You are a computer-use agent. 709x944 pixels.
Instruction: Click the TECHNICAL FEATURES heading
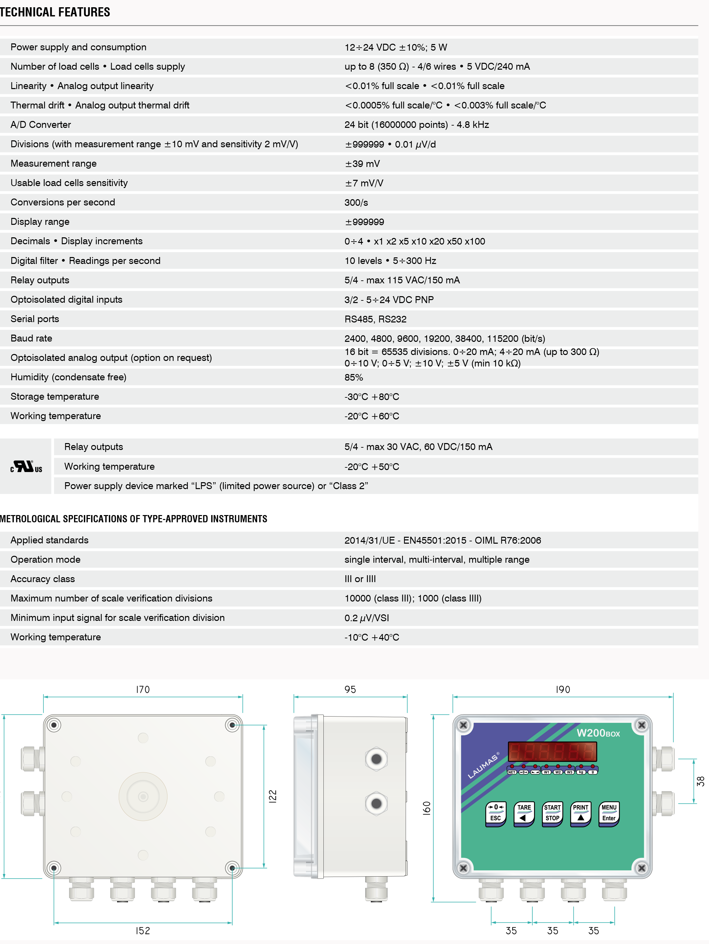click(55, 12)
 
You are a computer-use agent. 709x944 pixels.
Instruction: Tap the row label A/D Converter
click(40, 125)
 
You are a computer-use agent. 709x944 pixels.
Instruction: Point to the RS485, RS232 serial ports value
click(375, 319)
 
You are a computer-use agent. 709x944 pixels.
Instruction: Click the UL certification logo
click(26, 466)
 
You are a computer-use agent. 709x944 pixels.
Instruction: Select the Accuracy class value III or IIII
click(360, 579)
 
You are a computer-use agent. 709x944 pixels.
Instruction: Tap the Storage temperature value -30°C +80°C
click(371, 397)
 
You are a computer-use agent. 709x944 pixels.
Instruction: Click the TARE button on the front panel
click(524, 813)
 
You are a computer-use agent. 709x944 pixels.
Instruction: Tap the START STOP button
click(552, 813)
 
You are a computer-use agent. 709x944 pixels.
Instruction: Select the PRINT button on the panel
click(580, 813)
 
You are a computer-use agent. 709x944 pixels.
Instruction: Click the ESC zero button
click(495, 813)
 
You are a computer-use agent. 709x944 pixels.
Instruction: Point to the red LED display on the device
click(552, 751)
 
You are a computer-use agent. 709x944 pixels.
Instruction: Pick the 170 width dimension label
click(143, 690)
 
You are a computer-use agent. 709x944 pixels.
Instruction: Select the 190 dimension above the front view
click(563, 690)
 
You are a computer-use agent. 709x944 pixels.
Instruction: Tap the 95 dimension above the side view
click(350, 690)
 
